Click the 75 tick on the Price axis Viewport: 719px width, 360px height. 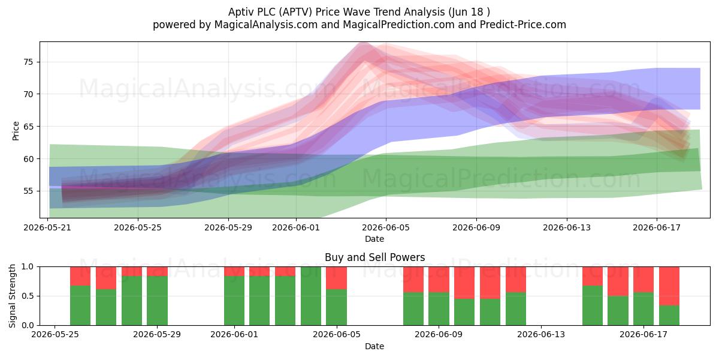click(x=28, y=62)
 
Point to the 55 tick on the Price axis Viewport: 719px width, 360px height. click(x=28, y=191)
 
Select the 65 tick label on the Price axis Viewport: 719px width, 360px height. click(x=28, y=127)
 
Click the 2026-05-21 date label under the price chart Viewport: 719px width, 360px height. click(x=47, y=227)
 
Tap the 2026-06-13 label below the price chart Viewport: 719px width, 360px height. click(x=567, y=227)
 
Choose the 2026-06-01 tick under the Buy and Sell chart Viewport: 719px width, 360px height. click(x=234, y=334)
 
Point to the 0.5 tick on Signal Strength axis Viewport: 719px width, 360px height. click(x=28, y=296)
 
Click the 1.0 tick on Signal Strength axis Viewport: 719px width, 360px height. click(x=28, y=266)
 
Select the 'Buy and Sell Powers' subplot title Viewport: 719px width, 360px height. click(x=374, y=257)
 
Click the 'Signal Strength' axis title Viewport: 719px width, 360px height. click(x=12, y=296)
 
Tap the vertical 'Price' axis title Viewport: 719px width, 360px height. click(x=16, y=131)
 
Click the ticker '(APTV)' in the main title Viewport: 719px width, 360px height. click(x=295, y=12)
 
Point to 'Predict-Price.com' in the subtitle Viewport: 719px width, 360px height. click(x=523, y=25)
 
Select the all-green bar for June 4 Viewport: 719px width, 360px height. click(x=311, y=296)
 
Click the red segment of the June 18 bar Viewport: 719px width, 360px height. click(x=669, y=286)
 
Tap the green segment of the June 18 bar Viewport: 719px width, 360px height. click(x=669, y=316)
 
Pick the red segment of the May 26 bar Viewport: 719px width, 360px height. click(x=80, y=276)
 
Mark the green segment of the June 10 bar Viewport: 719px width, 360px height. click(x=464, y=312)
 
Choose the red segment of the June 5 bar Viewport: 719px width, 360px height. click(x=336, y=278)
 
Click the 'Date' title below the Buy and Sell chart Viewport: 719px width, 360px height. click(x=374, y=346)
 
